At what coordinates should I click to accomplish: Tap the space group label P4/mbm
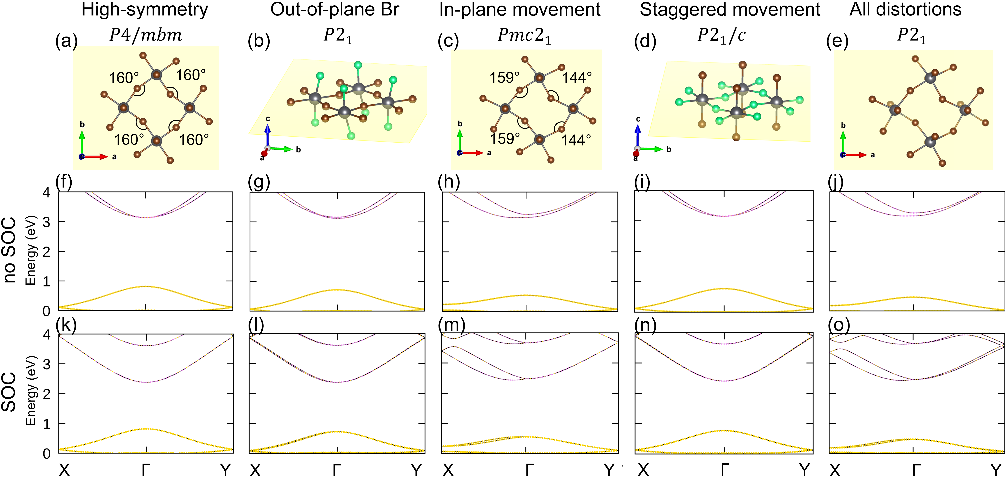[x=145, y=35]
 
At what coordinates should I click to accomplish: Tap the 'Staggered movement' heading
[x=730, y=9]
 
